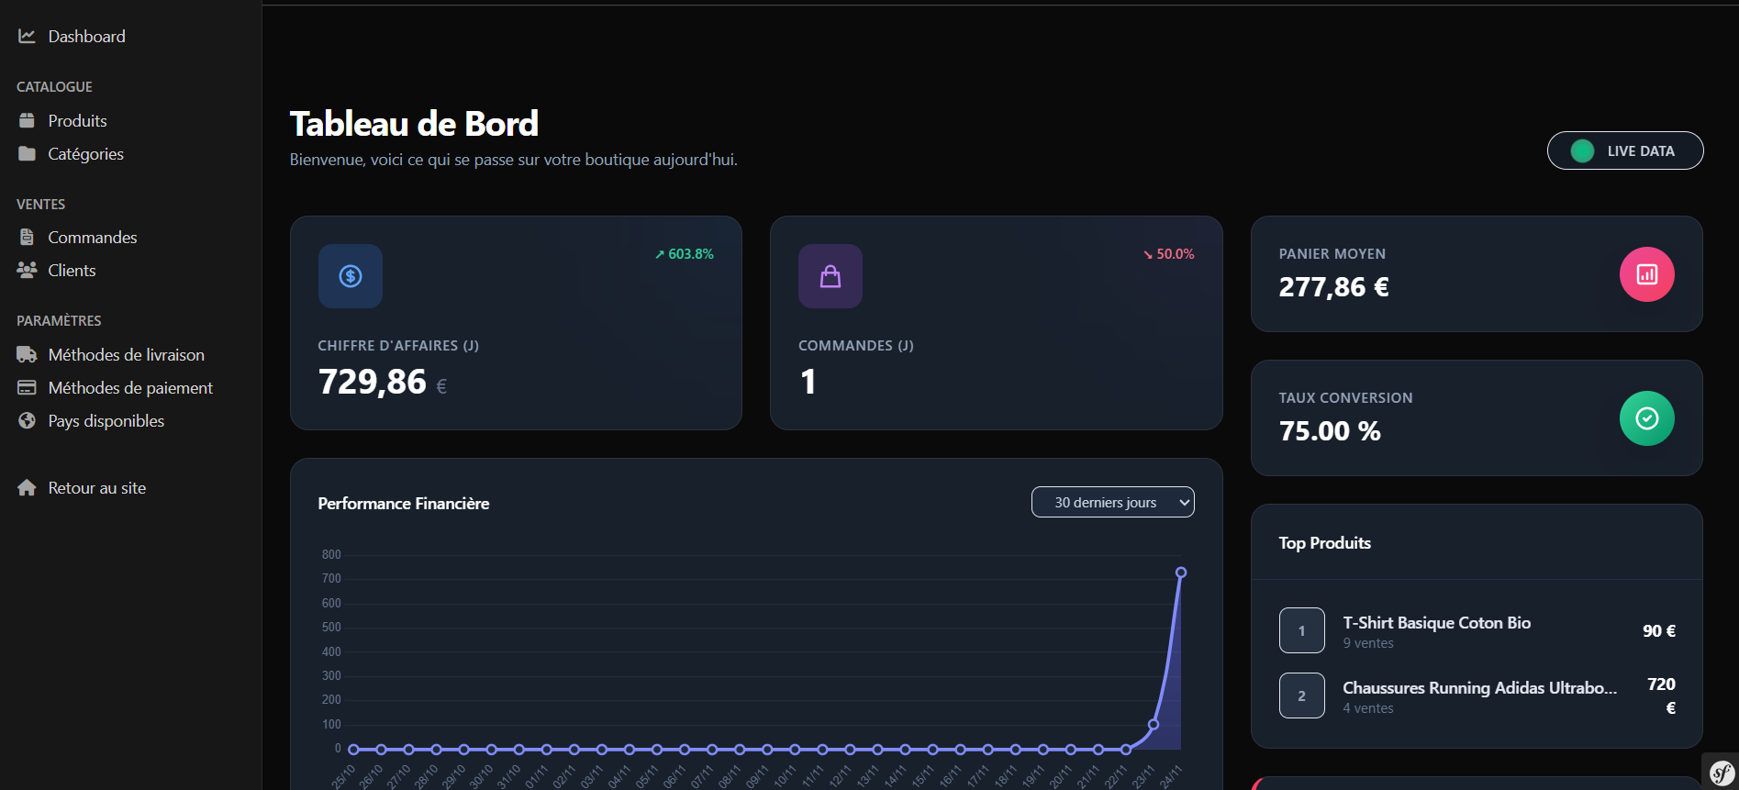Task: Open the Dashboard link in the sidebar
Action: tap(85, 37)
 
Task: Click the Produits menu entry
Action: tap(77, 121)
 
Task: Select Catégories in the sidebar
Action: tap(85, 154)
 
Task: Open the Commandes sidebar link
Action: tap(92, 238)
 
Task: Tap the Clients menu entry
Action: tap(72, 271)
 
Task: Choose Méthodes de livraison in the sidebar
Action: tap(126, 355)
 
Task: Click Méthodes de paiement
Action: tap(129, 388)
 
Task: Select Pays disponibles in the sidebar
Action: tap(106, 421)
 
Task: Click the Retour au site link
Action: tap(96, 488)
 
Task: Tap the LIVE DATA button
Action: tap(1624, 151)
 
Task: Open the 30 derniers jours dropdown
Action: tap(1112, 503)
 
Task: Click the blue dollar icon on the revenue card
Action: tap(351, 276)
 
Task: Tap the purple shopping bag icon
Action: tap(830, 276)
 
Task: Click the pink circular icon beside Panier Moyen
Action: tap(1646, 274)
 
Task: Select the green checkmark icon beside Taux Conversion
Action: tap(1646, 418)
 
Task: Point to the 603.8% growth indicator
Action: tap(685, 254)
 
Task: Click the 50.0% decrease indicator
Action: tap(1168, 254)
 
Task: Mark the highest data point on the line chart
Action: tap(1181, 573)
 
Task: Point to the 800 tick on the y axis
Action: tap(331, 555)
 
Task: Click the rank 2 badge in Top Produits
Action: tap(1301, 695)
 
